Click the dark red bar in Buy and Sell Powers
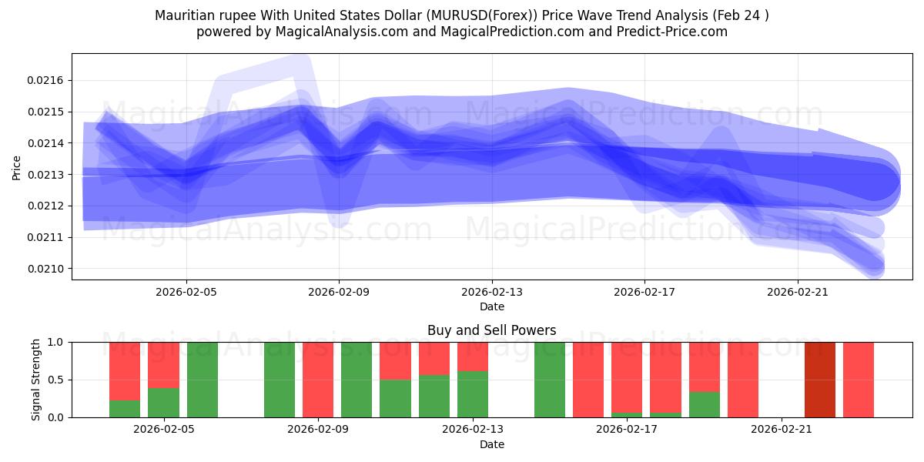pyautogui.click(x=820, y=380)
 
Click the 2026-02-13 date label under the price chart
pyautogui.click(x=492, y=293)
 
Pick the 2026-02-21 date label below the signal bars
pyautogui.click(x=782, y=430)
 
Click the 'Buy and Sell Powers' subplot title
pyautogui.click(x=491, y=330)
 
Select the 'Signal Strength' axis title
pyautogui.click(x=36, y=380)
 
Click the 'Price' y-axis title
pyautogui.click(x=17, y=166)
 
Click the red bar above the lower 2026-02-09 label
pyautogui.click(x=318, y=380)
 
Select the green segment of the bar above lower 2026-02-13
pyautogui.click(x=473, y=394)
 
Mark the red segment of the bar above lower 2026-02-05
pyautogui.click(x=163, y=365)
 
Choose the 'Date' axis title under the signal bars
pyautogui.click(x=491, y=444)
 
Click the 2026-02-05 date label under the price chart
pyautogui.click(x=186, y=293)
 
